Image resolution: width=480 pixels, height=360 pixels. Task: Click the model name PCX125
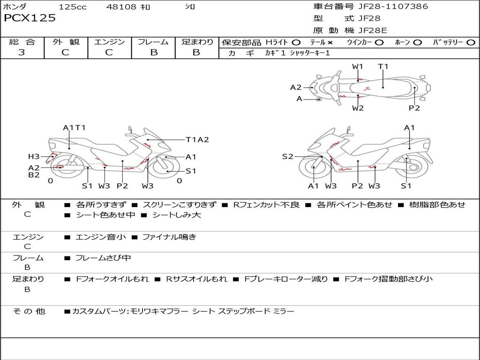(x=30, y=18)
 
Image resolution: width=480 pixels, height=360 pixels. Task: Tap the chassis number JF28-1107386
(x=393, y=6)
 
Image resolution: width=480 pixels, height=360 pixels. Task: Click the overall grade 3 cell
(x=22, y=52)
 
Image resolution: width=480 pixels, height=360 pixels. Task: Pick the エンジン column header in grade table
(x=109, y=42)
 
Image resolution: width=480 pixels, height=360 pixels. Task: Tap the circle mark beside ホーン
(x=417, y=43)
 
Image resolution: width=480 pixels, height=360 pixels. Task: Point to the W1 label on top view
(x=357, y=67)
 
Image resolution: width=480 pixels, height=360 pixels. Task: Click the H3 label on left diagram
(x=34, y=157)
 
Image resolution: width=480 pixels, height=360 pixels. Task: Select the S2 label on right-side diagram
(x=287, y=157)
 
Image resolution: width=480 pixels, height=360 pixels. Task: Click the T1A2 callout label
(x=197, y=140)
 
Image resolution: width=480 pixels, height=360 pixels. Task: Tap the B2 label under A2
(x=34, y=175)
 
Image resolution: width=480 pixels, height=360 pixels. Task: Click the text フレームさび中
(x=103, y=258)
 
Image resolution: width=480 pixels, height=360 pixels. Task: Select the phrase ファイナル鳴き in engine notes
(x=169, y=237)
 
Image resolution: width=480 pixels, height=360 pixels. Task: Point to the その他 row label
(x=29, y=311)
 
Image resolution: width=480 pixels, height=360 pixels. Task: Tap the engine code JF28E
(x=373, y=30)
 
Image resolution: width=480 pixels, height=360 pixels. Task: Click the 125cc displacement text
(x=73, y=7)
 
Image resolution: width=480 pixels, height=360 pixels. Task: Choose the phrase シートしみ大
(x=177, y=215)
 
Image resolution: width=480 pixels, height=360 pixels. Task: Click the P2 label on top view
(x=414, y=108)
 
